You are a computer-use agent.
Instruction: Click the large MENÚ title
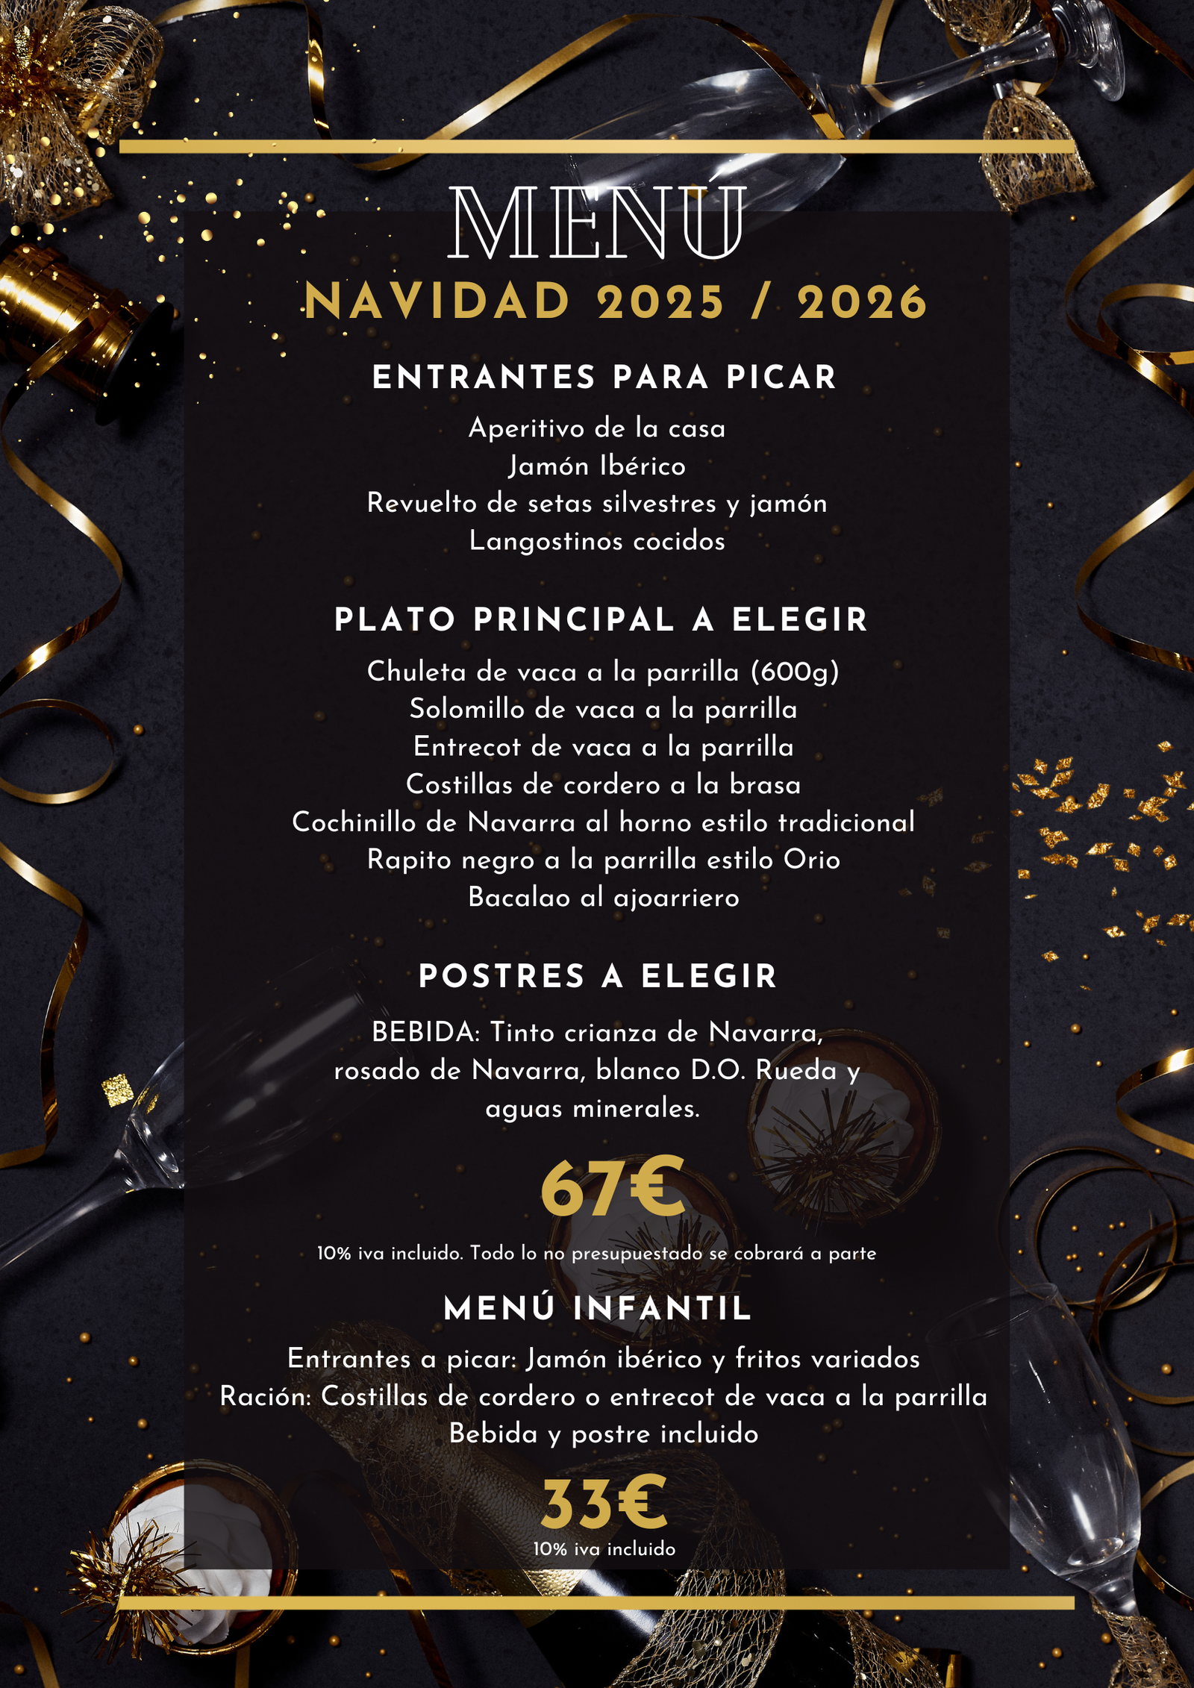(597, 224)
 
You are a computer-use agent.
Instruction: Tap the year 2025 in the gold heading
(661, 302)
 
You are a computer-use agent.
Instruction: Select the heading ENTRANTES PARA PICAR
(604, 377)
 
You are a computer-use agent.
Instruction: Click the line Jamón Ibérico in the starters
(597, 466)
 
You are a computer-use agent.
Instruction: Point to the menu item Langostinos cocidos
(597, 541)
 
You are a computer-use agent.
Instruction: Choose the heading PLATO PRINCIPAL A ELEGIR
(601, 620)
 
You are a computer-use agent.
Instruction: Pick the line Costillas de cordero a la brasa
(603, 785)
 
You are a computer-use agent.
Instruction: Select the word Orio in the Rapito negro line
(811, 860)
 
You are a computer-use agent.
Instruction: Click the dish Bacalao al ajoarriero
(603, 898)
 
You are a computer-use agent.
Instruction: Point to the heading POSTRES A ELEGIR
(598, 977)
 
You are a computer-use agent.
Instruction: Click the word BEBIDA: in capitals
(426, 1034)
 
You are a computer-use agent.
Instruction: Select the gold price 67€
(612, 1188)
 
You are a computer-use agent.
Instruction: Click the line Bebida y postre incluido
(604, 1434)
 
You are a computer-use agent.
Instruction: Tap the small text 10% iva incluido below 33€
(604, 1548)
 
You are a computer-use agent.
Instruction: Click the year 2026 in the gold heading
(862, 302)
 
